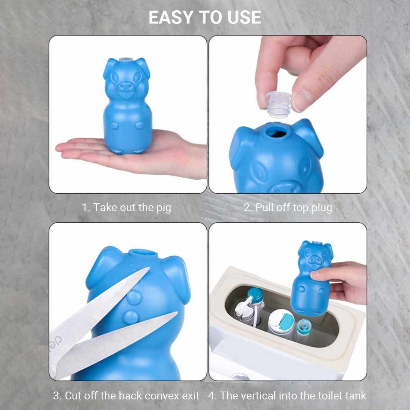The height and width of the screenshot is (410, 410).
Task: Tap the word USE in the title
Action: coord(245,17)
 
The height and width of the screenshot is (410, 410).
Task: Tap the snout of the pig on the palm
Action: coord(126,87)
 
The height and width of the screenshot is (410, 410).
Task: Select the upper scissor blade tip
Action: coord(149,268)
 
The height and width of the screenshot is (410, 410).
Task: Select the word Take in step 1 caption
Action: coord(104,207)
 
